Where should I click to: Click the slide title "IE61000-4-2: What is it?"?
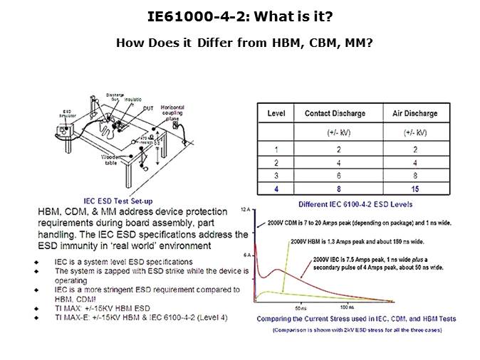239,16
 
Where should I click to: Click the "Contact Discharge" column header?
335,113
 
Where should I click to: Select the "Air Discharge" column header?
415,113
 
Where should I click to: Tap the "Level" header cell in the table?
276,113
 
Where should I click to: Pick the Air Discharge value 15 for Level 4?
415,189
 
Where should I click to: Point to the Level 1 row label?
276,149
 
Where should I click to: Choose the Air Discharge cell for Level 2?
415,163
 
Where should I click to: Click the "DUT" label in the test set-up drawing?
148,108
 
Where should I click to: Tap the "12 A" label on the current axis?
244,211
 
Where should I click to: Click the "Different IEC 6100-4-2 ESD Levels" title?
346,203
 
